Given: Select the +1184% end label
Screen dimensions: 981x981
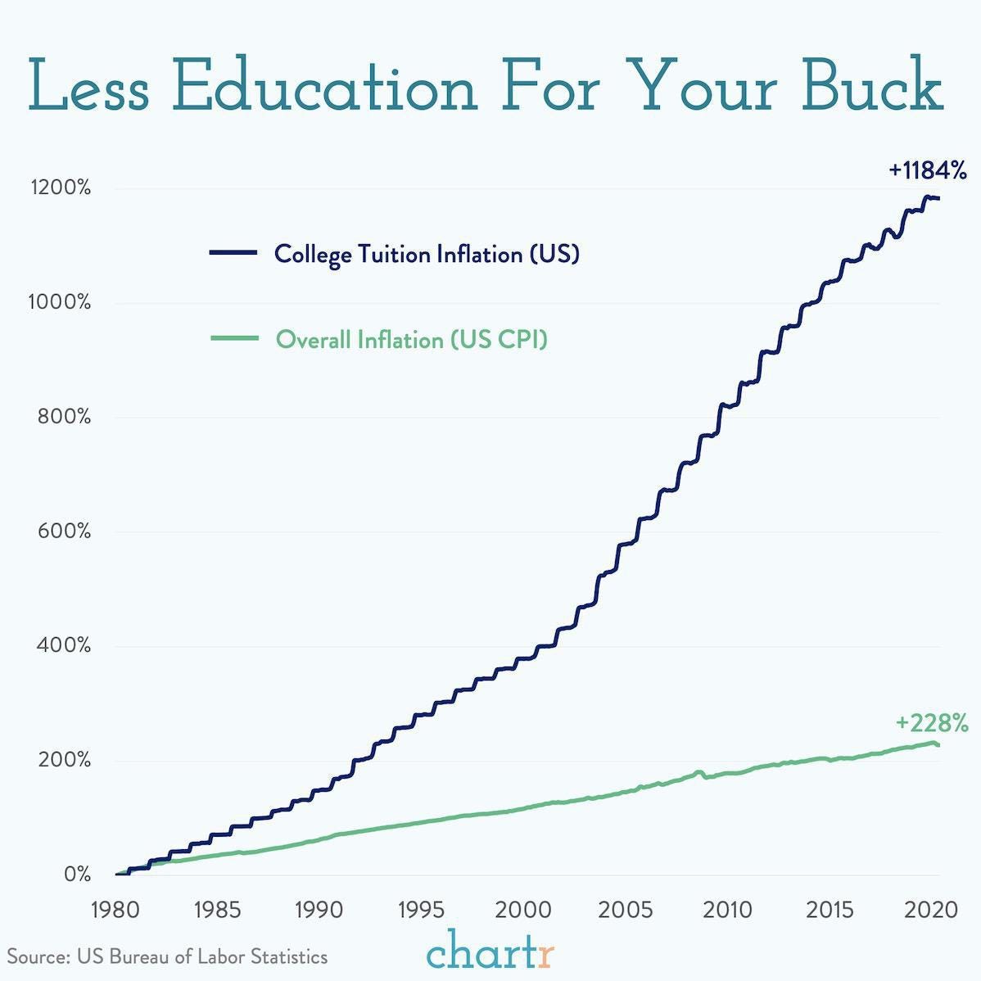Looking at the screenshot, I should coord(928,171).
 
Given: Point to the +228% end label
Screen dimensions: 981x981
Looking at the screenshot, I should coord(932,724).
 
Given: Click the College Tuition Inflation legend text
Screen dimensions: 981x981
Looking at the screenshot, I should coord(427,254).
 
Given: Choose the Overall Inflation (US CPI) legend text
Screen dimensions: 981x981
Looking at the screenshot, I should coord(411,339).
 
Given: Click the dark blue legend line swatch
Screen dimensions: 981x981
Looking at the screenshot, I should coord(233,253).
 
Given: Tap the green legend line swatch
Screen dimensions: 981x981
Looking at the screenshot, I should coord(233,338).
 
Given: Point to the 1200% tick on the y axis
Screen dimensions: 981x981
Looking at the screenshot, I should coord(61,188).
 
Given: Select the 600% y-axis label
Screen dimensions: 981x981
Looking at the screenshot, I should coord(63,531).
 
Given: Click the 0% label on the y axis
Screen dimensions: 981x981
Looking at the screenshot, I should coord(77,875).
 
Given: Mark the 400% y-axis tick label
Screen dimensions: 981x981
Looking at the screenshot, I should coord(63,646).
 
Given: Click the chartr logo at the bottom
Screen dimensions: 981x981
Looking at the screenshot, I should coord(490,952).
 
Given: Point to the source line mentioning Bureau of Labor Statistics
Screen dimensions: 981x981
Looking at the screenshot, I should coord(168,956).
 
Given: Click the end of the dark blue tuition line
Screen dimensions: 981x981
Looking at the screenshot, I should coord(938,198).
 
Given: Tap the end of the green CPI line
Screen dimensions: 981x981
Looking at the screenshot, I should coord(938,745).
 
